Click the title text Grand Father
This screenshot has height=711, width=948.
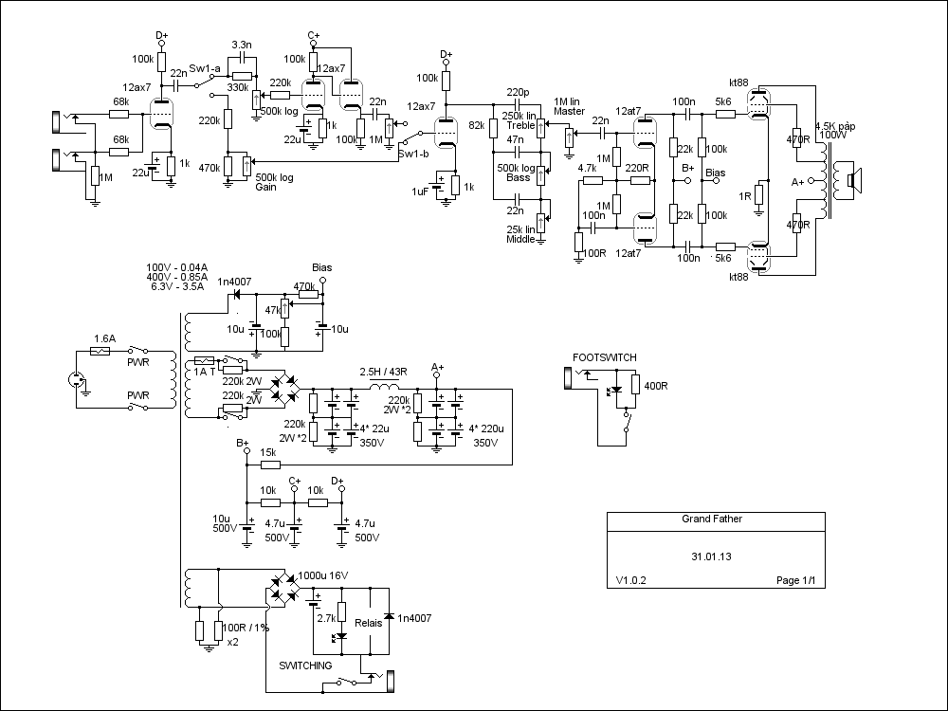coord(712,520)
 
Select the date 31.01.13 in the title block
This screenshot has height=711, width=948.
coord(712,557)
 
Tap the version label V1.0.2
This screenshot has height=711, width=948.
coord(630,580)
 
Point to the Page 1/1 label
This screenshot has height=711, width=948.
coord(795,580)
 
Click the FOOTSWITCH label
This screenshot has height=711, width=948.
coord(605,357)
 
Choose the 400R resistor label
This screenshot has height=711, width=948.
coord(656,385)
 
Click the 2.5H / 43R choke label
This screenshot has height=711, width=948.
coord(383,372)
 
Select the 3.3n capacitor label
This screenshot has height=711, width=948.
coord(242,45)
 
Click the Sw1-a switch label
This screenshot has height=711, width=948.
coord(205,69)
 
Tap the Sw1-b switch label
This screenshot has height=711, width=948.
coord(411,153)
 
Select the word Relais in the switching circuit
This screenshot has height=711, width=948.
coord(368,624)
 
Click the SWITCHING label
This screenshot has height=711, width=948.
coord(305,665)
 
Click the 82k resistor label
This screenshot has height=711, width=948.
coord(477,124)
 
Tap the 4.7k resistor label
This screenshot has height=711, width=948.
coord(587,168)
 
